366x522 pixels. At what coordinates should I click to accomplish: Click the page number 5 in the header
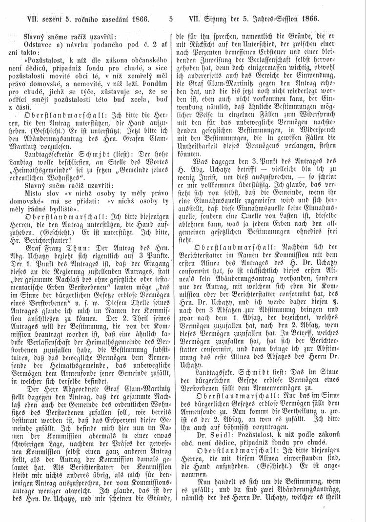coord(171,20)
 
